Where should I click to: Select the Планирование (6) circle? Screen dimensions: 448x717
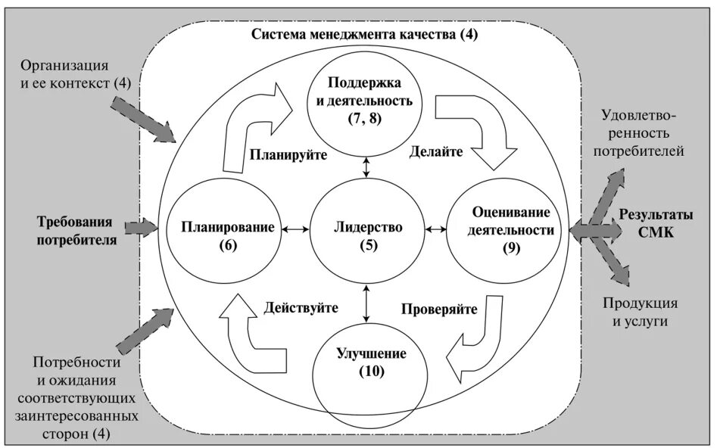coord(220,235)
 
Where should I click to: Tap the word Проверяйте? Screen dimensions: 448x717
coord(439,309)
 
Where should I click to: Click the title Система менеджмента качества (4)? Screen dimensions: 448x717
coord(366,36)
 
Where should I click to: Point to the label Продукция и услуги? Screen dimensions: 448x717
coord(640,312)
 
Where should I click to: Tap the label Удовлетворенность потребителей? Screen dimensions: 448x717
coord(644,133)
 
